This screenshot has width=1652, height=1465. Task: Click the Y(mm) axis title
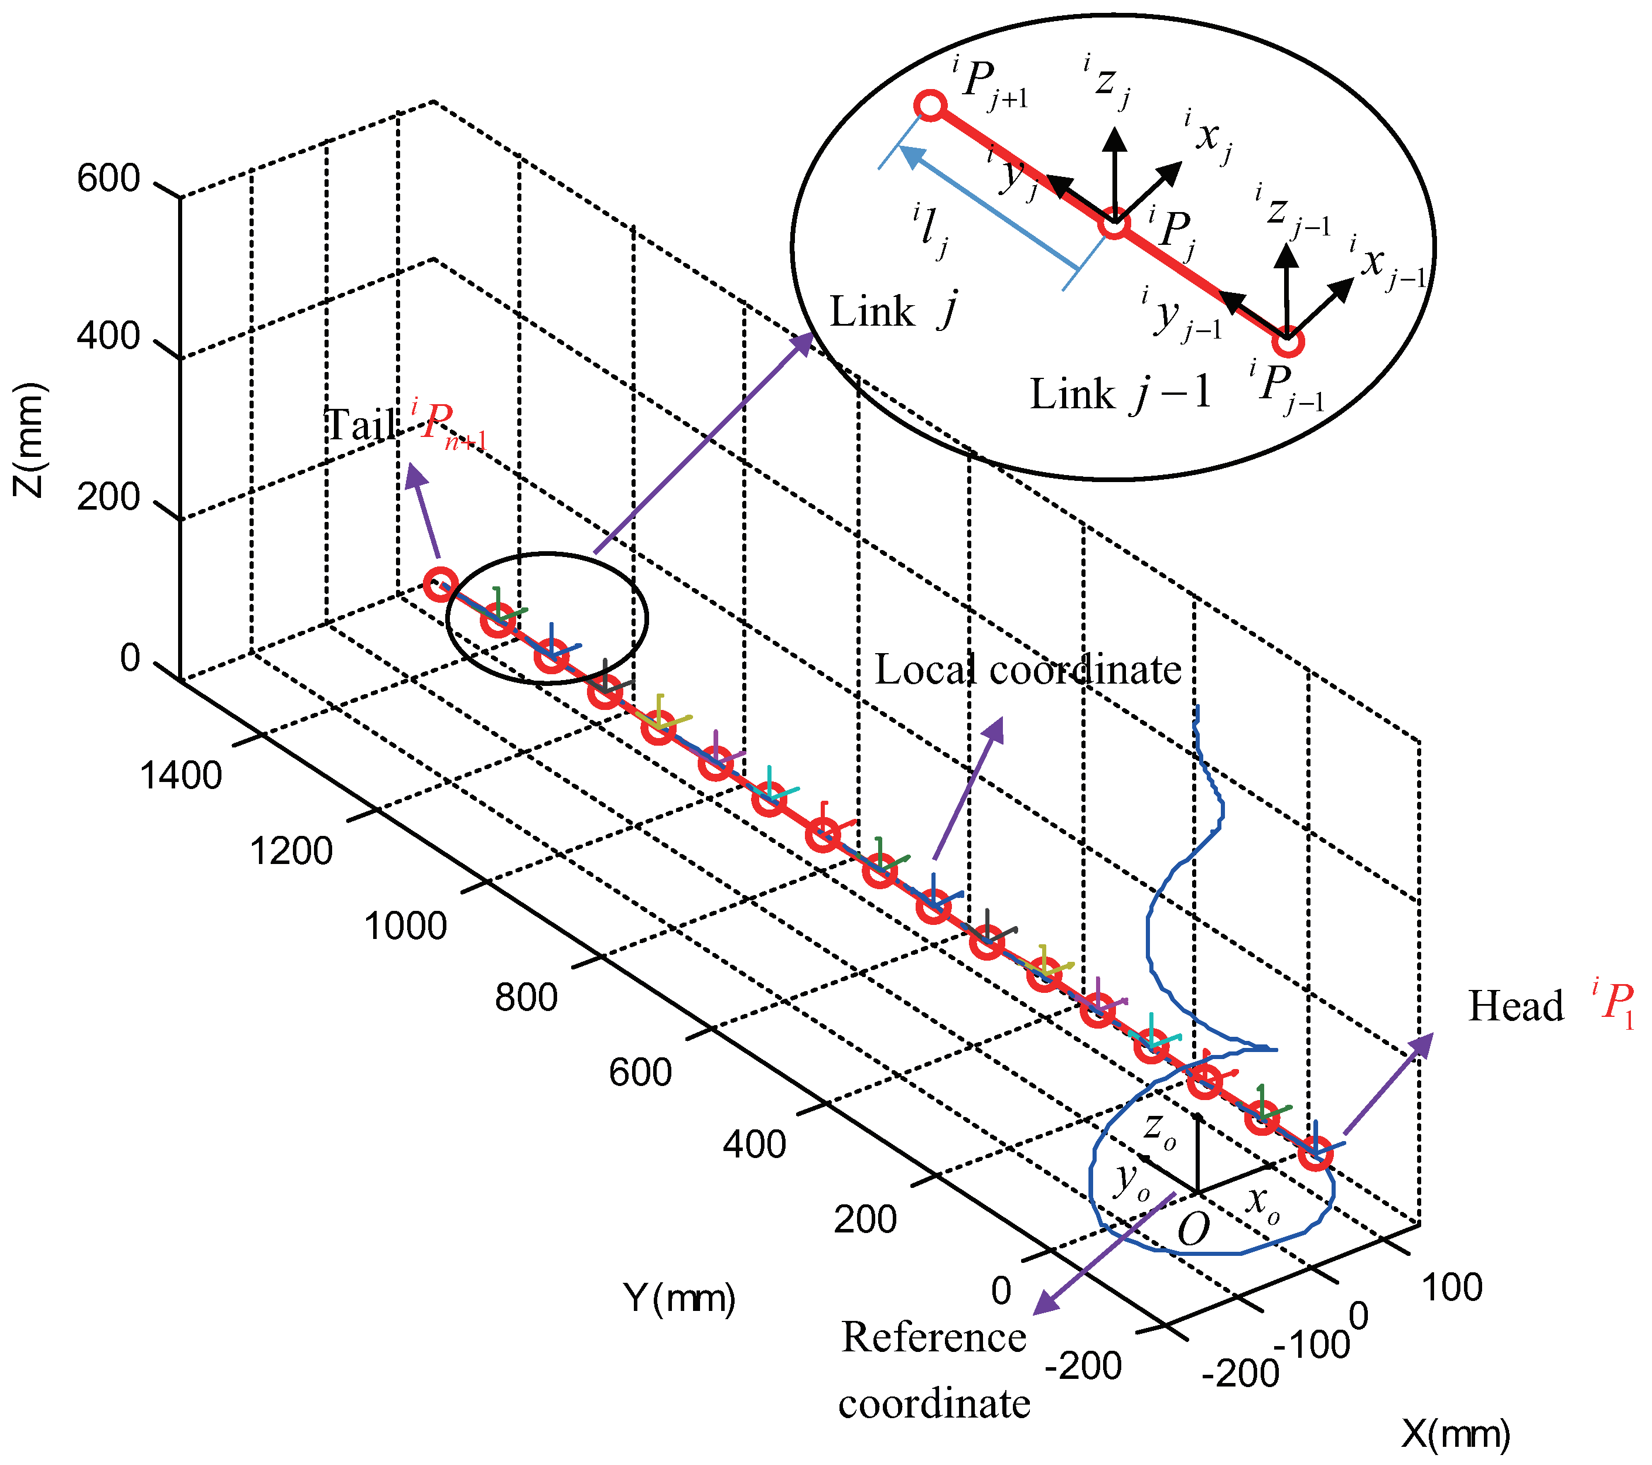679,1297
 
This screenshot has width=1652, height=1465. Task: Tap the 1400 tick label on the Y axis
181,775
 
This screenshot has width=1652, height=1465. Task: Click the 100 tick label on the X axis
1452,1288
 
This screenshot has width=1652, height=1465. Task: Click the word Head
1516,1006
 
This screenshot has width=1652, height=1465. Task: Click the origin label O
1193,1230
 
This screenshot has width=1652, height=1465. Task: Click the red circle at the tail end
441,583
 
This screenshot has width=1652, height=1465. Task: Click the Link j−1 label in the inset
1120,394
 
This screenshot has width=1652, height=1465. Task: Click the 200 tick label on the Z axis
108,497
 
